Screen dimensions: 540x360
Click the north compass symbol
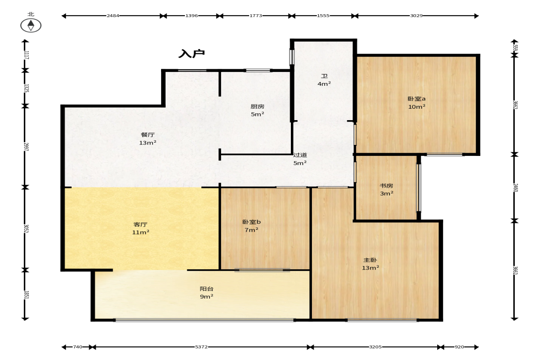pyautogui.click(x=31, y=25)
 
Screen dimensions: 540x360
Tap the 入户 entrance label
pyautogui.click(x=191, y=54)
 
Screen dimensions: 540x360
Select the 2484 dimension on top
pyautogui.click(x=113, y=16)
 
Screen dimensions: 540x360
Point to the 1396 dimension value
pyautogui.click(x=191, y=16)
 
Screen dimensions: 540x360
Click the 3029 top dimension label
pyautogui.click(x=417, y=16)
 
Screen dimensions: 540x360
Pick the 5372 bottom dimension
pyautogui.click(x=201, y=347)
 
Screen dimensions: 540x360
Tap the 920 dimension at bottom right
pyautogui.click(x=459, y=347)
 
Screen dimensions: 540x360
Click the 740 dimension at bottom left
pyautogui.click(x=78, y=347)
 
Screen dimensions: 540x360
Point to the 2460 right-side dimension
pyautogui.click(x=516, y=188)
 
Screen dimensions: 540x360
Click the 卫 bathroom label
pyautogui.click(x=324, y=76)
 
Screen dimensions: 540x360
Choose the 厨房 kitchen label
pyautogui.click(x=257, y=106)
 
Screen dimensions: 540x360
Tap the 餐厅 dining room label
pyautogui.click(x=148, y=134)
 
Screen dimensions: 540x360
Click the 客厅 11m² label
pyautogui.click(x=140, y=228)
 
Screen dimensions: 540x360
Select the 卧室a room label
pyautogui.click(x=417, y=99)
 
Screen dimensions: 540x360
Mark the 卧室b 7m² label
pyautogui.click(x=251, y=226)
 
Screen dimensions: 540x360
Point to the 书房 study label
pyautogui.click(x=386, y=186)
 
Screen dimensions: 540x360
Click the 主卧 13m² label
pyautogui.click(x=371, y=264)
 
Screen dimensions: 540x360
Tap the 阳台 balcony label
pyautogui.click(x=206, y=289)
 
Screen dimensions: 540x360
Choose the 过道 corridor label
pyautogui.click(x=300, y=155)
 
